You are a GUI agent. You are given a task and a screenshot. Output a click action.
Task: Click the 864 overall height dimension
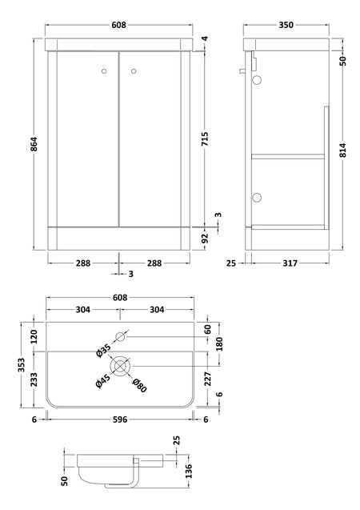pyautogui.click(x=34, y=144)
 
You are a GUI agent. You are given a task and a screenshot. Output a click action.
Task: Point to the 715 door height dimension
pyautogui.click(x=205, y=139)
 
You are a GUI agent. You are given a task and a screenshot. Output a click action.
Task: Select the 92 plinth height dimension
pyautogui.click(x=205, y=239)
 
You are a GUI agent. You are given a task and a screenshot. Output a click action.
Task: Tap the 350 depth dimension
pyautogui.click(x=286, y=25)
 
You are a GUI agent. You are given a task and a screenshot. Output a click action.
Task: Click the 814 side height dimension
pyautogui.click(x=344, y=150)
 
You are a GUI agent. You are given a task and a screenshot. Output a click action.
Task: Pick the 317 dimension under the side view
pyautogui.click(x=290, y=263)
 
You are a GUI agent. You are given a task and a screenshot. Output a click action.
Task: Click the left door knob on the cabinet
pyautogui.click(x=104, y=71)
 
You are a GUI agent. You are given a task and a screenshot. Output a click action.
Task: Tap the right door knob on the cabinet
pyautogui.click(x=134, y=71)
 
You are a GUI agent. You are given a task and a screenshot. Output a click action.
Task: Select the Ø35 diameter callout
pyautogui.click(x=104, y=351)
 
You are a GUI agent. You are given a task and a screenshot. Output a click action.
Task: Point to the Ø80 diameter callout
pyautogui.click(x=139, y=385)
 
